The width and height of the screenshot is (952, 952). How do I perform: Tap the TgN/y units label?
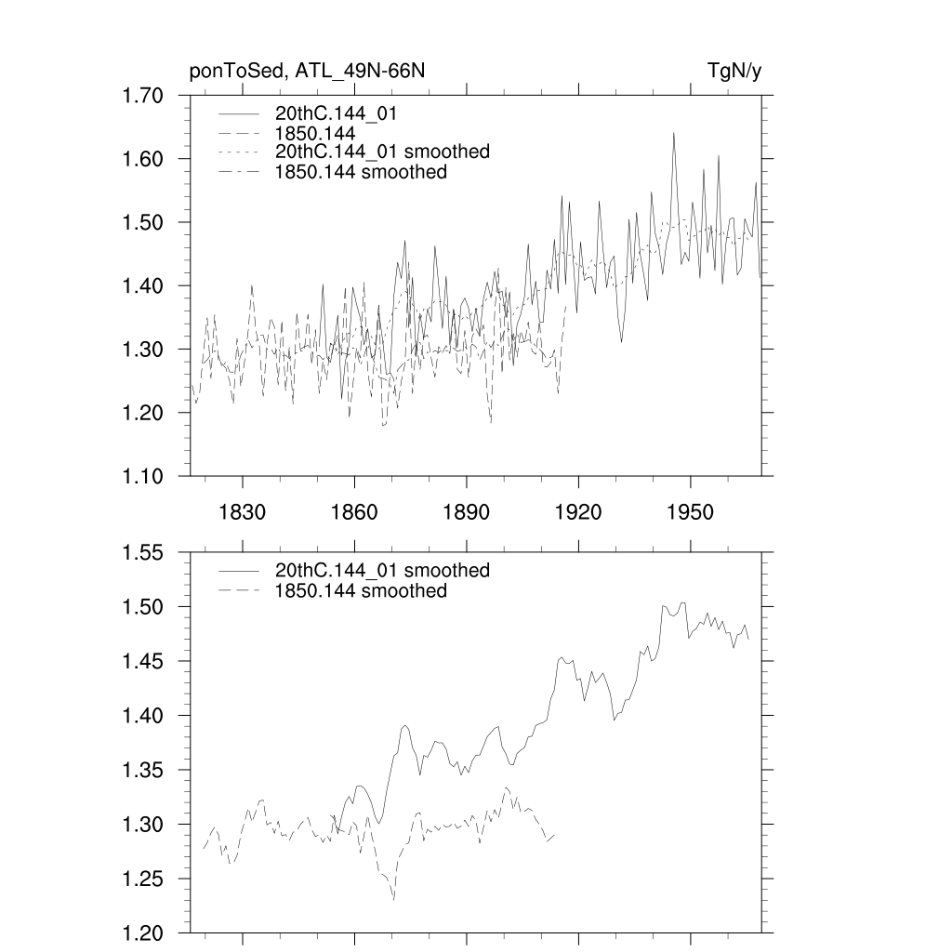[734, 72]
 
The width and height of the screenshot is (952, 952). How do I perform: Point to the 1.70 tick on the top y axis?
[143, 96]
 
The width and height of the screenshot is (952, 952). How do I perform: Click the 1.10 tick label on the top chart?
[143, 476]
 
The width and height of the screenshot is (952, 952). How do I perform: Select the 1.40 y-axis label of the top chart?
[143, 285]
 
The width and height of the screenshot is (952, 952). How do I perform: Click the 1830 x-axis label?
[242, 512]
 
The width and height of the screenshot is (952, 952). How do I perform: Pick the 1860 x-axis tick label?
[354, 512]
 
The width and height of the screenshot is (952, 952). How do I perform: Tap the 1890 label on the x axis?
[466, 512]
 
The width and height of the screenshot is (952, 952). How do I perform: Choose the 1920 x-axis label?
[578, 512]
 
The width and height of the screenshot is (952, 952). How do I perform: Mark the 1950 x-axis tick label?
[691, 512]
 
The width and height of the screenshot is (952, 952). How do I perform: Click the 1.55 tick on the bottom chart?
[143, 552]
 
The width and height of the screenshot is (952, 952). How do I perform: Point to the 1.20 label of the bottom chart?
[143, 932]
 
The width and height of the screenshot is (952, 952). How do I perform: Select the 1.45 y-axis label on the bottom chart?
[143, 661]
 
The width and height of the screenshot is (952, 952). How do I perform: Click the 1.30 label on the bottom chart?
[143, 824]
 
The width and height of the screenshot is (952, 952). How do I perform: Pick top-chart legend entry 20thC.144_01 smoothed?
[382, 152]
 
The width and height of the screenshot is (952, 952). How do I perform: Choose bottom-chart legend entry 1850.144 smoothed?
[361, 591]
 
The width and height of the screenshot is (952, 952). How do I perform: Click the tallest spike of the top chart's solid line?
[673, 133]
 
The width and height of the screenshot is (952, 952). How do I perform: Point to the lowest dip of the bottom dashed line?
[393, 899]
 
